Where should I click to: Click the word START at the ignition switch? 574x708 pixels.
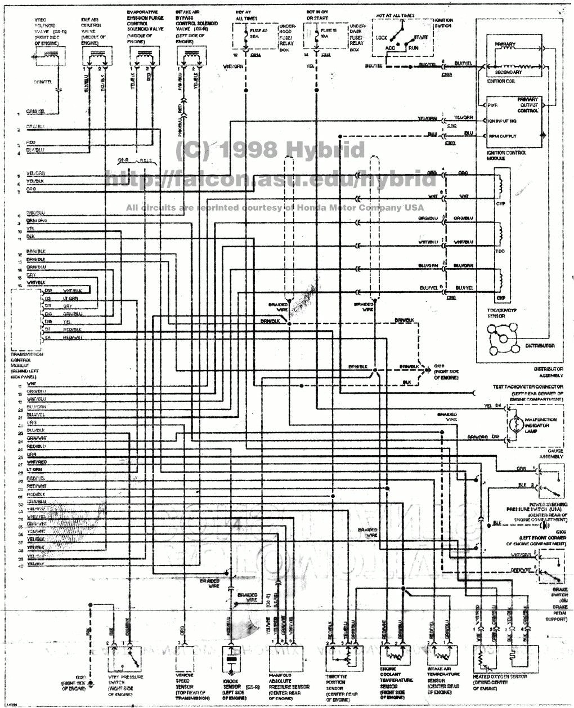[x=420, y=37]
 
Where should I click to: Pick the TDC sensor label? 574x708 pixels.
[x=499, y=251]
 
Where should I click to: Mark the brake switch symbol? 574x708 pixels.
[x=549, y=569]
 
